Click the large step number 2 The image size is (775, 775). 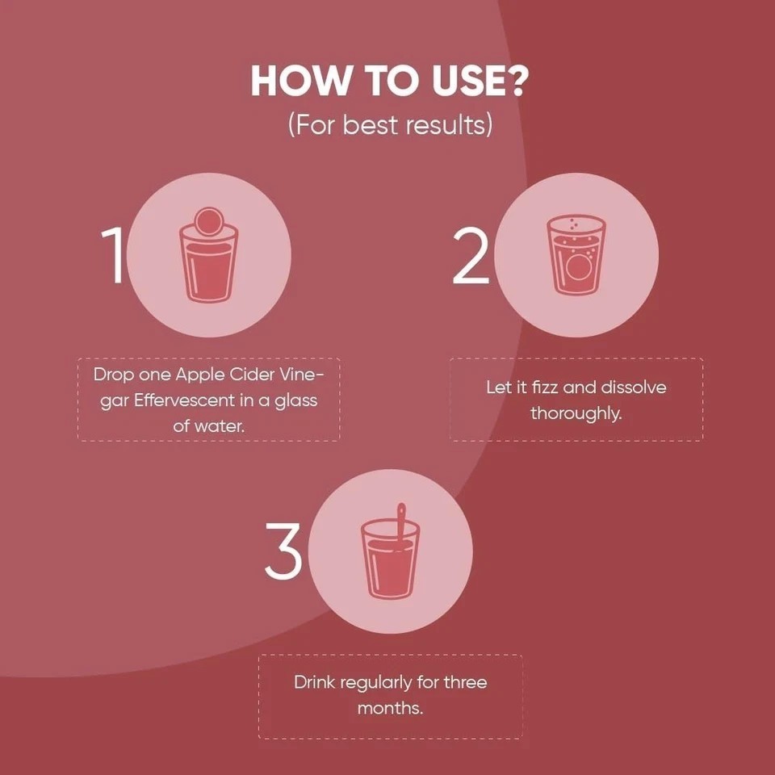(471, 256)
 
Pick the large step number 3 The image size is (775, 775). (283, 551)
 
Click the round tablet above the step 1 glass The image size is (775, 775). (208, 221)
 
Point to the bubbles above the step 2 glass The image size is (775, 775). (573, 224)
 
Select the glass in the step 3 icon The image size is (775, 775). (390, 559)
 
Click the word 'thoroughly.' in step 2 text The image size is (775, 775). (576, 413)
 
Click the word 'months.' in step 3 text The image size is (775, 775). (390, 708)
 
